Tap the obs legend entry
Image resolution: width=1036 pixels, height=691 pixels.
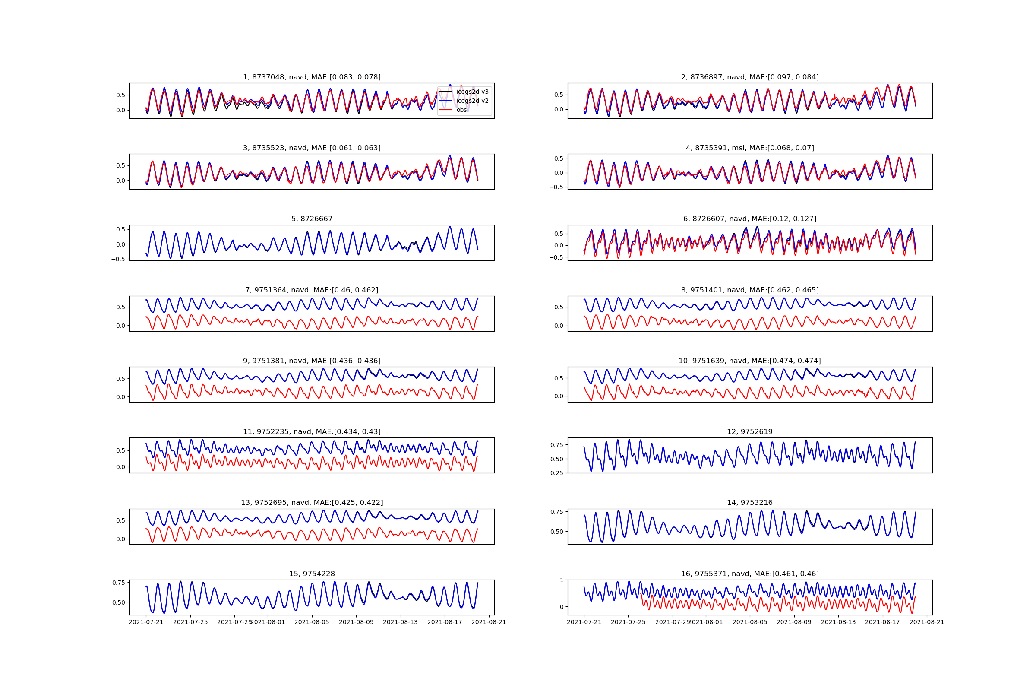(461, 110)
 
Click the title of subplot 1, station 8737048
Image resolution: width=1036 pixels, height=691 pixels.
(312, 77)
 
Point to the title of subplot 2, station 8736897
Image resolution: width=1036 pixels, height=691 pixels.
(750, 77)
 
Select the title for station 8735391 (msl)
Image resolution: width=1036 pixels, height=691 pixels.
(750, 148)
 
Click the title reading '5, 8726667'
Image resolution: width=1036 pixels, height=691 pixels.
(312, 219)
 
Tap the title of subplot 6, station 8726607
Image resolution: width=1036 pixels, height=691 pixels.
(750, 219)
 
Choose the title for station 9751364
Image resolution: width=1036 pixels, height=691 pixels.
(312, 290)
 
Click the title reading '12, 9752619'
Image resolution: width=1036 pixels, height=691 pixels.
(750, 432)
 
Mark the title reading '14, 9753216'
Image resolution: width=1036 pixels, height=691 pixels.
(750, 503)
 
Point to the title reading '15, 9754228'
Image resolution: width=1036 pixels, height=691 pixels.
(312, 574)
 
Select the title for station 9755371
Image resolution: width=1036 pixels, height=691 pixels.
(750, 574)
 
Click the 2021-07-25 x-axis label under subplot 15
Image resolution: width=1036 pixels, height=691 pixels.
(190, 622)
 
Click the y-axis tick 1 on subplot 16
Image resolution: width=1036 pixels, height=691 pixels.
(561, 580)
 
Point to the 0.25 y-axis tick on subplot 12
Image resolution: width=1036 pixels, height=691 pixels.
(557, 473)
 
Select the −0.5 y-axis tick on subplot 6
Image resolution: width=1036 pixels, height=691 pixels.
(556, 257)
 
